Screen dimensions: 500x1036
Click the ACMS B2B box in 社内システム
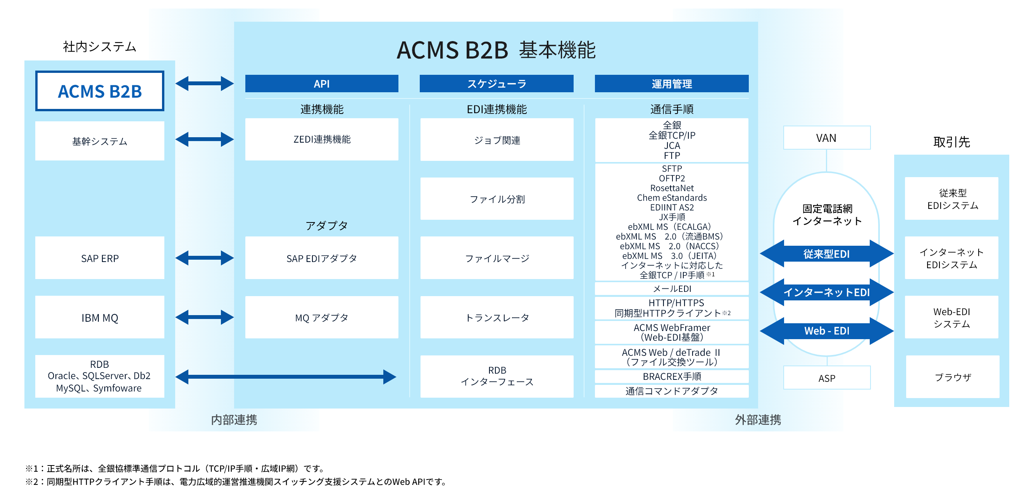point(99,91)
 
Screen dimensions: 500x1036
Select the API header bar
point(321,84)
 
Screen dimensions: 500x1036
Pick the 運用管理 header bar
point(671,84)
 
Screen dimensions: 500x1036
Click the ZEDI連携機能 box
point(321,139)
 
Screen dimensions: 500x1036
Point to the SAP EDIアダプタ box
point(321,258)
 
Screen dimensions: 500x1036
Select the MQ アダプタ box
point(321,317)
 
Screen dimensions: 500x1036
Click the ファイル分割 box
point(497,199)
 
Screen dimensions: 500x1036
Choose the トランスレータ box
point(497,317)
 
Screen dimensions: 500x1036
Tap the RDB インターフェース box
point(497,376)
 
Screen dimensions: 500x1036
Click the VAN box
point(826,138)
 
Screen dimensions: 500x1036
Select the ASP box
point(826,378)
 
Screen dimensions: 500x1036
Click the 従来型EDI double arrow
point(826,254)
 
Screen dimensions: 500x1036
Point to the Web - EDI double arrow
point(826,331)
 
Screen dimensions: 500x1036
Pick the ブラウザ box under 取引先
point(952,377)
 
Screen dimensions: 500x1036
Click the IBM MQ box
point(99,317)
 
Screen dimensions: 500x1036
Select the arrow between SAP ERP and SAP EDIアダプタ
point(204,258)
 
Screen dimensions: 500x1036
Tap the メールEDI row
point(671,288)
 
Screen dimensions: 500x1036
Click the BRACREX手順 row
point(671,376)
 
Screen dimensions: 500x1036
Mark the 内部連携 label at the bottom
point(234,419)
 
